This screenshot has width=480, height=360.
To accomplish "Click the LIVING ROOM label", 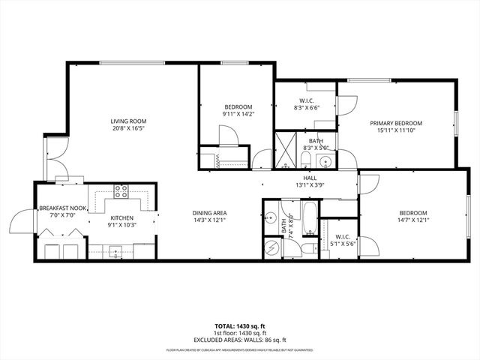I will (128, 121).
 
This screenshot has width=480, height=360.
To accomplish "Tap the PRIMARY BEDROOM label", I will (395, 123).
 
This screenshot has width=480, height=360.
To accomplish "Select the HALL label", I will (309, 178).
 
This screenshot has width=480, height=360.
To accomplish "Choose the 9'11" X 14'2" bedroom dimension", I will (238, 114).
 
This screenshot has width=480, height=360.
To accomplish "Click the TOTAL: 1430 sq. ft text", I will (240, 327).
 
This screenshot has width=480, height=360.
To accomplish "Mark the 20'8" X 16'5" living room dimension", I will (128, 128).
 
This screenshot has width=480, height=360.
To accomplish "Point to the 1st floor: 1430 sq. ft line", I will (240, 333).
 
